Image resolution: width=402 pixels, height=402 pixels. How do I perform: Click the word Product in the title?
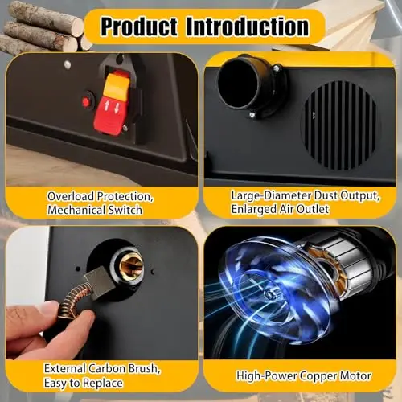point(139,27)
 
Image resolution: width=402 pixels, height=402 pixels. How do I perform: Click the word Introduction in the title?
point(248,27)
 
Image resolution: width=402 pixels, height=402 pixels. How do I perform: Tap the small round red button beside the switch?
point(86,102)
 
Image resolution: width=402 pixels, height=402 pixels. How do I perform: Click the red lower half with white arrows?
point(111,115)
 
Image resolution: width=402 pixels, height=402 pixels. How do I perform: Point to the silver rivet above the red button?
point(68,64)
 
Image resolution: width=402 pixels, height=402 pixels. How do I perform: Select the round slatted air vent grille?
point(340,125)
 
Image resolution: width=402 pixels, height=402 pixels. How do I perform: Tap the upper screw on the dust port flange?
point(276,68)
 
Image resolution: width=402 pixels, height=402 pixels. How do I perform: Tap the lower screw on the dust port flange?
point(252,115)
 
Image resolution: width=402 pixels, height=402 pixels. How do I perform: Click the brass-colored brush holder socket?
point(131,265)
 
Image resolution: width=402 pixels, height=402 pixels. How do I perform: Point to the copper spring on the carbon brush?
point(72,299)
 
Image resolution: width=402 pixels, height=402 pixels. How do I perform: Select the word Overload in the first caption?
point(71,196)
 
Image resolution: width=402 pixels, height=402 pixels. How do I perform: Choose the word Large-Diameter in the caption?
point(271,196)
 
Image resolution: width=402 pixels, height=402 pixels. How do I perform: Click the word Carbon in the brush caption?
point(107,368)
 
